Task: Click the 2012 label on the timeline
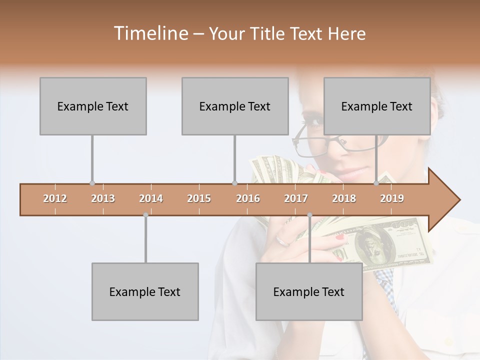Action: (x=55, y=198)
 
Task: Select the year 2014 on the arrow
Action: (x=151, y=198)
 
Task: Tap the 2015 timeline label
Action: (x=199, y=198)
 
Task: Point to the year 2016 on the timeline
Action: (x=248, y=198)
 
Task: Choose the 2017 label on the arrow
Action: (x=296, y=198)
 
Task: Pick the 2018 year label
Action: (x=344, y=198)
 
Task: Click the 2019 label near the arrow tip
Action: (x=392, y=198)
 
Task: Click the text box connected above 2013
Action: (x=93, y=106)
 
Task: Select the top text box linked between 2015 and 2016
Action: (x=235, y=106)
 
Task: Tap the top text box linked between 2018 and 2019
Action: (x=377, y=106)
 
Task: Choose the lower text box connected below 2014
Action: (x=145, y=291)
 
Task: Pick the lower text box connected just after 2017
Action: (x=309, y=291)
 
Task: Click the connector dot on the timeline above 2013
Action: (x=92, y=183)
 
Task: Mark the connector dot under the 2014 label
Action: (x=145, y=215)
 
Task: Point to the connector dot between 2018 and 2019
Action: (x=376, y=183)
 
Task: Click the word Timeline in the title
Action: (x=150, y=33)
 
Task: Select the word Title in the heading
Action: (x=270, y=33)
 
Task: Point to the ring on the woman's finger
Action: (x=283, y=241)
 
